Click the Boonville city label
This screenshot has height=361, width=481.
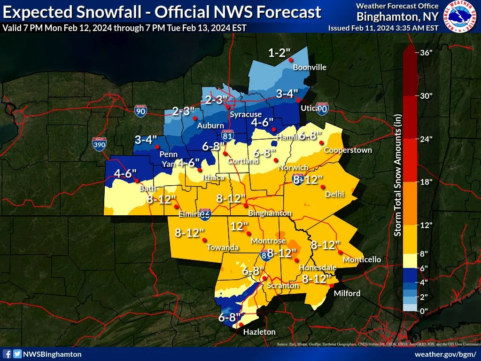pyautogui.click(x=310, y=67)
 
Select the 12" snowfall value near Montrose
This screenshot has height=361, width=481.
pyautogui.click(x=239, y=226)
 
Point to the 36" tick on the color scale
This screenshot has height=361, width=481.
pyautogui.click(x=426, y=53)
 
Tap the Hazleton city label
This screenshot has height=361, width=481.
pyautogui.click(x=259, y=332)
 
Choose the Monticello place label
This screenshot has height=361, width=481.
pyautogui.click(x=362, y=259)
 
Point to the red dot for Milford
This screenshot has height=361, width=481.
pyautogui.click(x=331, y=285)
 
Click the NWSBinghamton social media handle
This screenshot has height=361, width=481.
pyautogui.click(x=52, y=354)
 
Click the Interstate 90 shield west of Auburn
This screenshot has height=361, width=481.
pyautogui.click(x=140, y=110)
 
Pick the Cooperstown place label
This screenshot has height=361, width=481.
pyautogui.click(x=348, y=150)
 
